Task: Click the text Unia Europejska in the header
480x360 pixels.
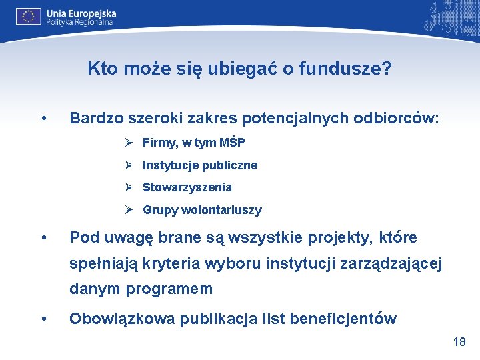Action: (81, 13)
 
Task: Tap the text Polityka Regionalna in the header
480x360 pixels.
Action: (79, 22)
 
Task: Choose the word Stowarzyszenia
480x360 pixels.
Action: (187, 187)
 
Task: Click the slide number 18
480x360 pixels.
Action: (459, 342)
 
